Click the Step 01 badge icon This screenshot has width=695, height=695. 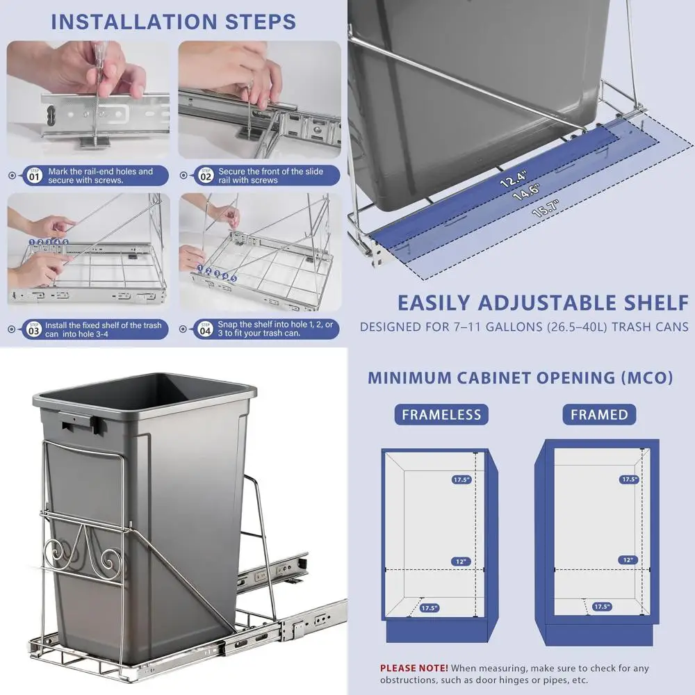(x=33, y=175)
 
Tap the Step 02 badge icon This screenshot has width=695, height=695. (x=205, y=175)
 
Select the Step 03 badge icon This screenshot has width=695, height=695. (x=33, y=329)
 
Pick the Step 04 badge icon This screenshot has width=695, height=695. (x=205, y=329)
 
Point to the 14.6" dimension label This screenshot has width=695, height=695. (x=526, y=192)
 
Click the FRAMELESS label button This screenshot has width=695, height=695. (x=441, y=415)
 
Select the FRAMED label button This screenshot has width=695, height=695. (x=598, y=415)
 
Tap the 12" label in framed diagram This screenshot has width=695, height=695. (x=628, y=560)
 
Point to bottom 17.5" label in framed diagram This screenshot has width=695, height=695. (x=602, y=607)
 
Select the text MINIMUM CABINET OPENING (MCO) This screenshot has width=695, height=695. (x=520, y=378)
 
